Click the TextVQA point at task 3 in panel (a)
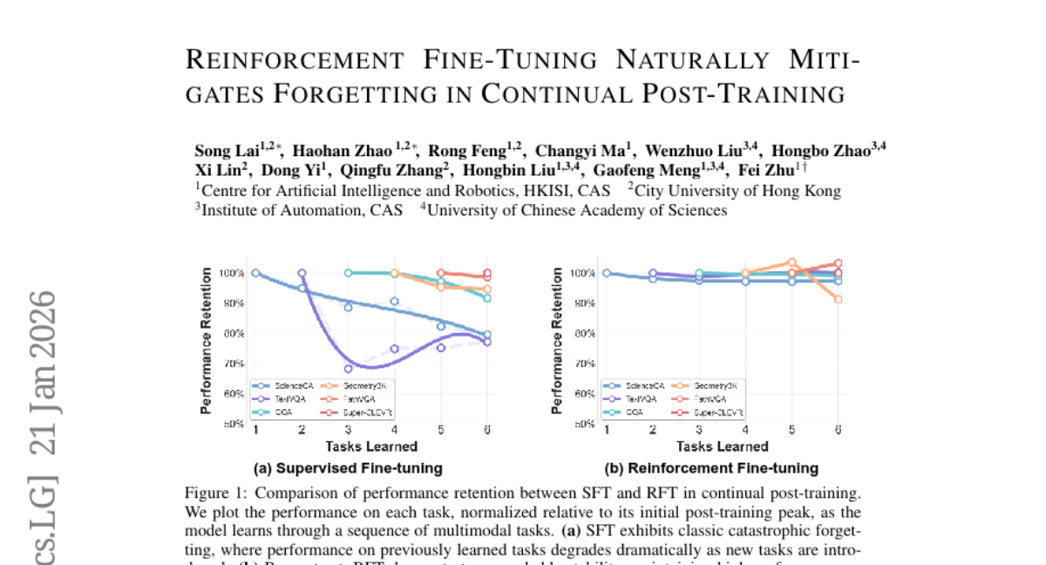coord(348,369)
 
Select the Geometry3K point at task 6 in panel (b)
coord(838,299)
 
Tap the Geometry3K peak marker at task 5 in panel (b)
coord(791,262)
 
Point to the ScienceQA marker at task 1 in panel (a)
coord(255,273)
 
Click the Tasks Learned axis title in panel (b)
coord(722,447)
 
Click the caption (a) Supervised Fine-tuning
coord(348,468)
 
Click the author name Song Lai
coord(218,150)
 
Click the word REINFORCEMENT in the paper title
coord(295,60)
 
